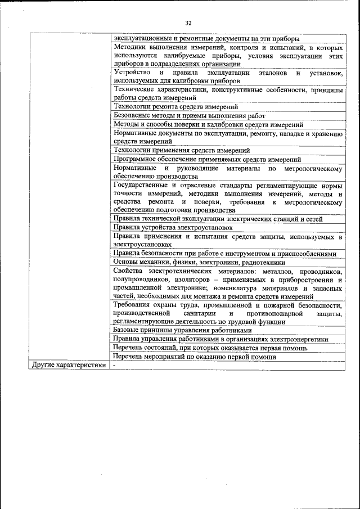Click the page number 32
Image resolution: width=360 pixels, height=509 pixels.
[188, 23]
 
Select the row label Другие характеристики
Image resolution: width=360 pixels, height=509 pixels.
[69, 365]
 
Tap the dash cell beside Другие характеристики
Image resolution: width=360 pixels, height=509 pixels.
[114, 365]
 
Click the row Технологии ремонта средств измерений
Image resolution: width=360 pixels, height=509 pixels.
[175, 106]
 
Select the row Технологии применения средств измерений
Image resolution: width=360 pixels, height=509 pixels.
[182, 150]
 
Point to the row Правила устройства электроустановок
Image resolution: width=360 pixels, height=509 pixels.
[173, 227]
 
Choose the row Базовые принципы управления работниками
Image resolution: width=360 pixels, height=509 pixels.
[182, 331]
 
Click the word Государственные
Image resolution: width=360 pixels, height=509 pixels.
[141, 185]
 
